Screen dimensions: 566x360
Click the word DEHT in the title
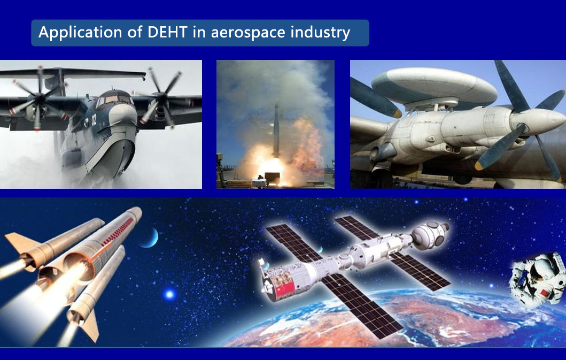click(x=167, y=32)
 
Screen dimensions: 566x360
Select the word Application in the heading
click(x=80, y=33)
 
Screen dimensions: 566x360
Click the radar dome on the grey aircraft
click(x=434, y=86)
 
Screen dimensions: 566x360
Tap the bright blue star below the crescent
click(x=169, y=294)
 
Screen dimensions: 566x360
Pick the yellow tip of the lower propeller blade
click(x=479, y=165)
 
